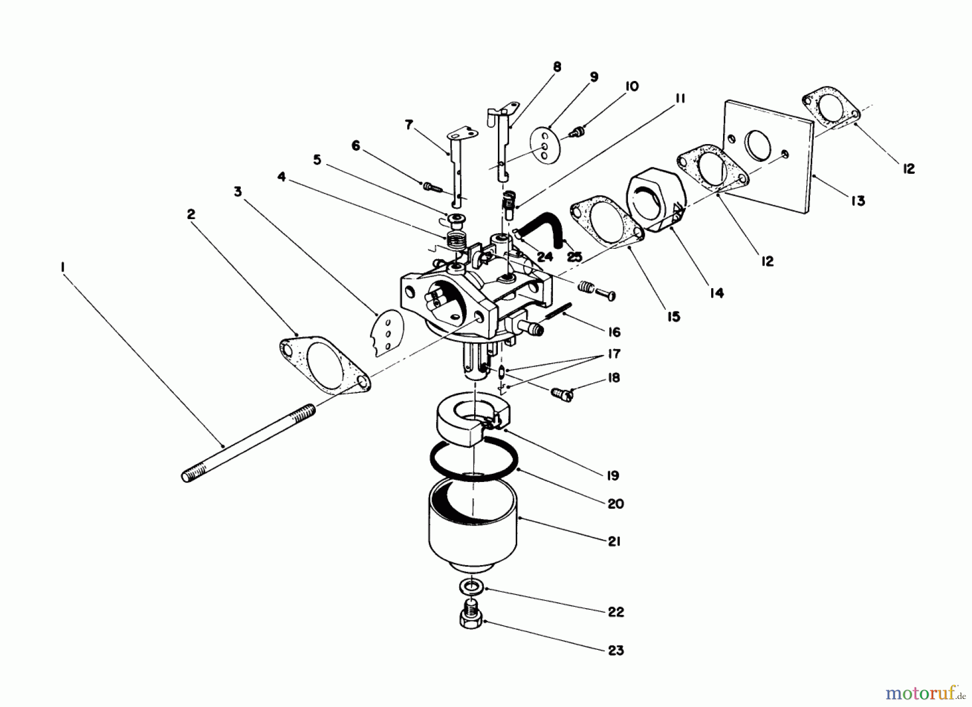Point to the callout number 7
(409, 125)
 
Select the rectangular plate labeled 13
(767, 157)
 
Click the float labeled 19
(470, 424)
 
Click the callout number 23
(616, 650)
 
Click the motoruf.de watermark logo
(926, 691)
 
